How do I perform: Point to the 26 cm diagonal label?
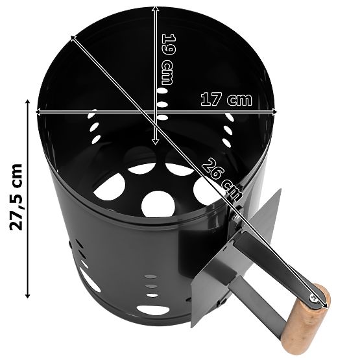tap(217, 173)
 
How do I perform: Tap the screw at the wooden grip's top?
tap(315, 298)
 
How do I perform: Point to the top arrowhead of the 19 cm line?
tap(156, 8)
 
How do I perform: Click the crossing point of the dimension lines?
tap(156, 112)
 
